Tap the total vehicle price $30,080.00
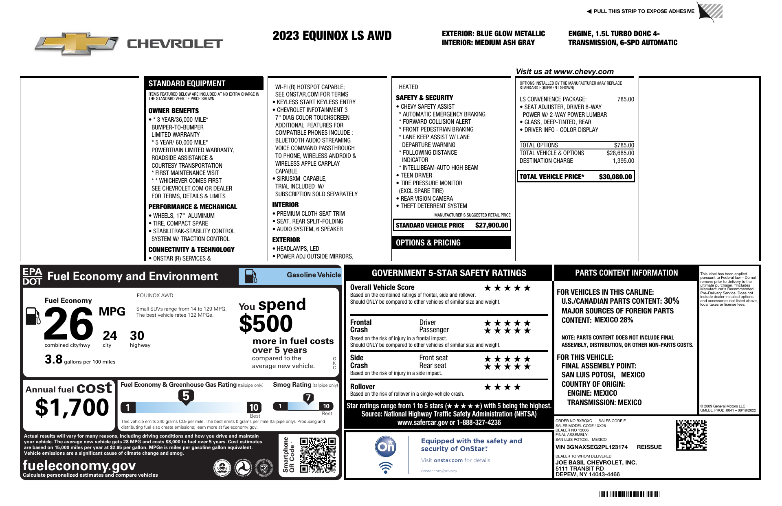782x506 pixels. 615,177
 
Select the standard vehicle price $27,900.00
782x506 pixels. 492,225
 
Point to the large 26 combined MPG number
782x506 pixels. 68,324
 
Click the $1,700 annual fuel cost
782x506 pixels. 72,407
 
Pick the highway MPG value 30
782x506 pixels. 137,336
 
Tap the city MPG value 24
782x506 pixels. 110,336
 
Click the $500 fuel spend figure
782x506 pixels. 266,324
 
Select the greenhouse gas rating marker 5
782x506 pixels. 186,396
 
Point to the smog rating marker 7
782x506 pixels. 308,398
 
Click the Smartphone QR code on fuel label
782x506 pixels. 318,455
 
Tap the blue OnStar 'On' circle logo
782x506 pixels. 385,447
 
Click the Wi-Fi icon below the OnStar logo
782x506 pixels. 385,467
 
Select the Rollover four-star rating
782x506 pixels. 502,387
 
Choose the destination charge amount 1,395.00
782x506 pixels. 623,161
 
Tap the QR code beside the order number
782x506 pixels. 691,435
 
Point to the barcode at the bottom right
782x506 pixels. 629,495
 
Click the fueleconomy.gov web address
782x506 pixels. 79,465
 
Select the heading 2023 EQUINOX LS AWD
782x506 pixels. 332,36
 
